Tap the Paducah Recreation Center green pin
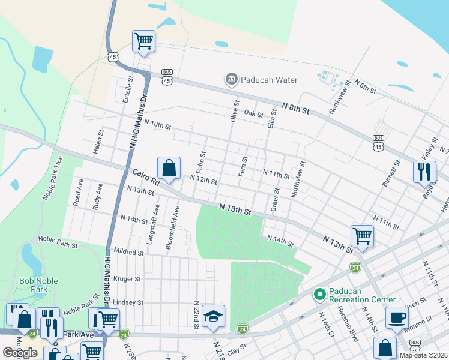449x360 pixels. tap(319, 295)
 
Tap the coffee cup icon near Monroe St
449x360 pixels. tap(397, 317)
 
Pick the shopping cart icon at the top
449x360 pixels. tap(143, 41)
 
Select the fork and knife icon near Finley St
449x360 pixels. tap(424, 170)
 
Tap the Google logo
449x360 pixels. tap(20, 353)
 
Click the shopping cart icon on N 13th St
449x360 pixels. tap(362, 236)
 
